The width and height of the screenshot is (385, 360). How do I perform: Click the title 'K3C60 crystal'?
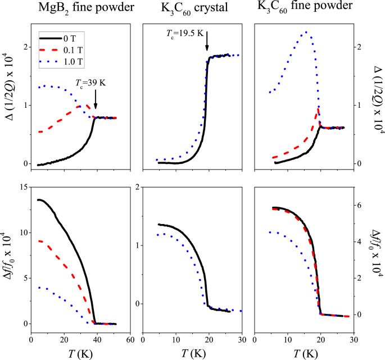pyautogui.click(x=193, y=8)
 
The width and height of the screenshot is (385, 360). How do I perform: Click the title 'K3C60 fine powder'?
pyautogui.click(x=305, y=8)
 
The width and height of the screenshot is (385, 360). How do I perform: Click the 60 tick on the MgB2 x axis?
pyautogui.click(x=130, y=340)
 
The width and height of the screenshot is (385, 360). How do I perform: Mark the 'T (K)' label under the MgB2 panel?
pyautogui.click(x=80, y=353)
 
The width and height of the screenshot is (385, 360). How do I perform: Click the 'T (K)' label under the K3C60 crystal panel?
pyautogui.click(x=192, y=353)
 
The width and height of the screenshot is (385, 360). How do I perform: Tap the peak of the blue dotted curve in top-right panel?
pyautogui.click(x=305, y=32)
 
